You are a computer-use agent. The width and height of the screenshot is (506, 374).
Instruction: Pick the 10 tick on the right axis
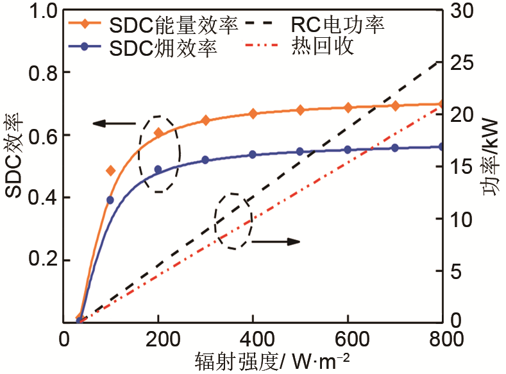[464, 219]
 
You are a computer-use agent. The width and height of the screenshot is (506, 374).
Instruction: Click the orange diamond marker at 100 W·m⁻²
[110, 171]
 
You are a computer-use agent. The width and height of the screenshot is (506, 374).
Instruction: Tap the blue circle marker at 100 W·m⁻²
[110, 200]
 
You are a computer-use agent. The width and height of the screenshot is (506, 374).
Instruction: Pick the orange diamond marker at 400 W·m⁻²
[253, 114]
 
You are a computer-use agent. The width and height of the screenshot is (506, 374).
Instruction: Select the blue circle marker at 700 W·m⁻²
[395, 148]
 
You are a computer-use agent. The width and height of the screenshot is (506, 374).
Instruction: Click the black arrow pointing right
[276, 242]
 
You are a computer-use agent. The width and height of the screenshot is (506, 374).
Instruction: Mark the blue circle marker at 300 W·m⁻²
[205, 160]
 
